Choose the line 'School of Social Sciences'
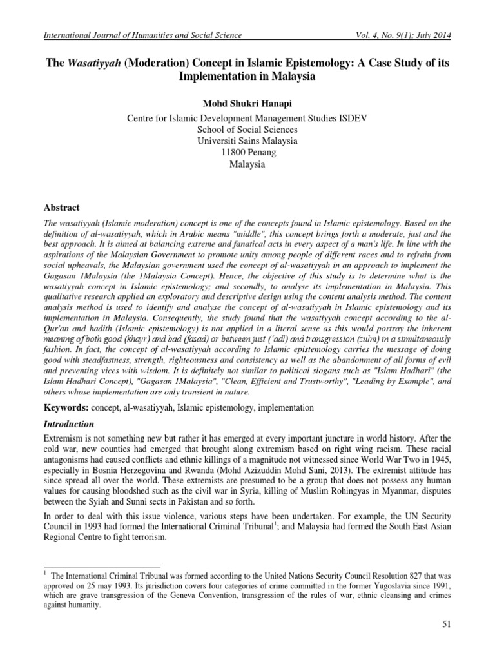coord(247,129)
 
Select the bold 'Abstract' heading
coord(61,208)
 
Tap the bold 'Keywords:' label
coord(66,408)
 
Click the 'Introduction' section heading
coord(68,425)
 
